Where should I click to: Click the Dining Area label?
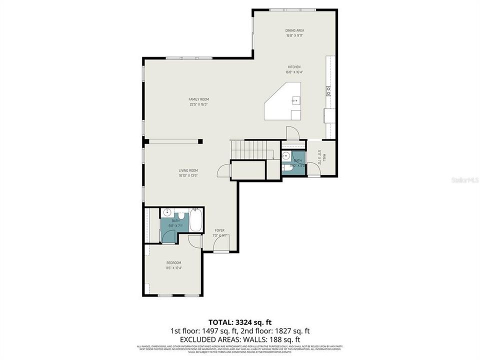coord(294,30)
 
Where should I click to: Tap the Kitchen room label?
coord(293,67)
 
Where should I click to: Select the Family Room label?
coord(198,99)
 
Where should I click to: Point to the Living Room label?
coord(188,170)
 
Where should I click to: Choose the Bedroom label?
coord(173,263)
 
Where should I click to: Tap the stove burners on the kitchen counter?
coord(328,90)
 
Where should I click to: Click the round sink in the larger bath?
coord(168,212)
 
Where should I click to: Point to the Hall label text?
coord(324,158)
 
